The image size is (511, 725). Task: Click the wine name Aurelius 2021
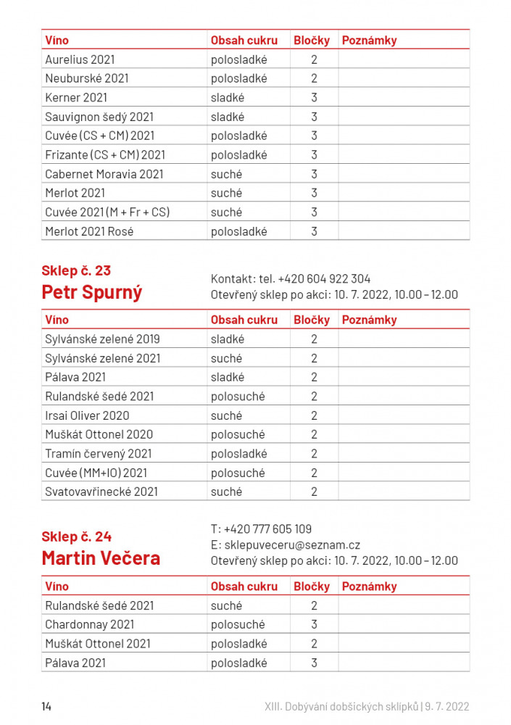pyautogui.click(x=80, y=59)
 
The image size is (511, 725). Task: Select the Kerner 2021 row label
pyautogui.click(x=76, y=97)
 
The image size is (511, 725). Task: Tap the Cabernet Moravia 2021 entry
pyautogui.click(x=104, y=174)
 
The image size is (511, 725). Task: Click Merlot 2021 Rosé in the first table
pyautogui.click(x=89, y=231)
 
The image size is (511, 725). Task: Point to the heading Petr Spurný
pyautogui.click(x=92, y=292)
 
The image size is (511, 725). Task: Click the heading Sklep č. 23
pyautogui.click(x=76, y=270)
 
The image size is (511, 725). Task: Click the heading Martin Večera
pyautogui.click(x=101, y=558)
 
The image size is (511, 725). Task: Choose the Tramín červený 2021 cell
pyautogui.click(x=99, y=454)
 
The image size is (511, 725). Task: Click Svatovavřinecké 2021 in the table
pyautogui.click(x=101, y=492)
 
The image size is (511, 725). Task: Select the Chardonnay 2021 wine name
pyautogui.click(x=90, y=624)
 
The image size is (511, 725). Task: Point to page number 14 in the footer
pyautogui.click(x=46, y=706)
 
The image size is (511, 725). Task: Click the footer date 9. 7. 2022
pyautogui.click(x=448, y=706)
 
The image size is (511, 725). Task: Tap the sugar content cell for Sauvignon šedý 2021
pyautogui.click(x=228, y=117)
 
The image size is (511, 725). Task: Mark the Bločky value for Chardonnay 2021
pyautogui.click(x=314, y=624)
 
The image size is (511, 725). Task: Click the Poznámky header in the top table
pyautogui.click(x=369, y=41)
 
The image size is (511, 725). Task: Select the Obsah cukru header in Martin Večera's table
pyautogui.click(x=244, y=587)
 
